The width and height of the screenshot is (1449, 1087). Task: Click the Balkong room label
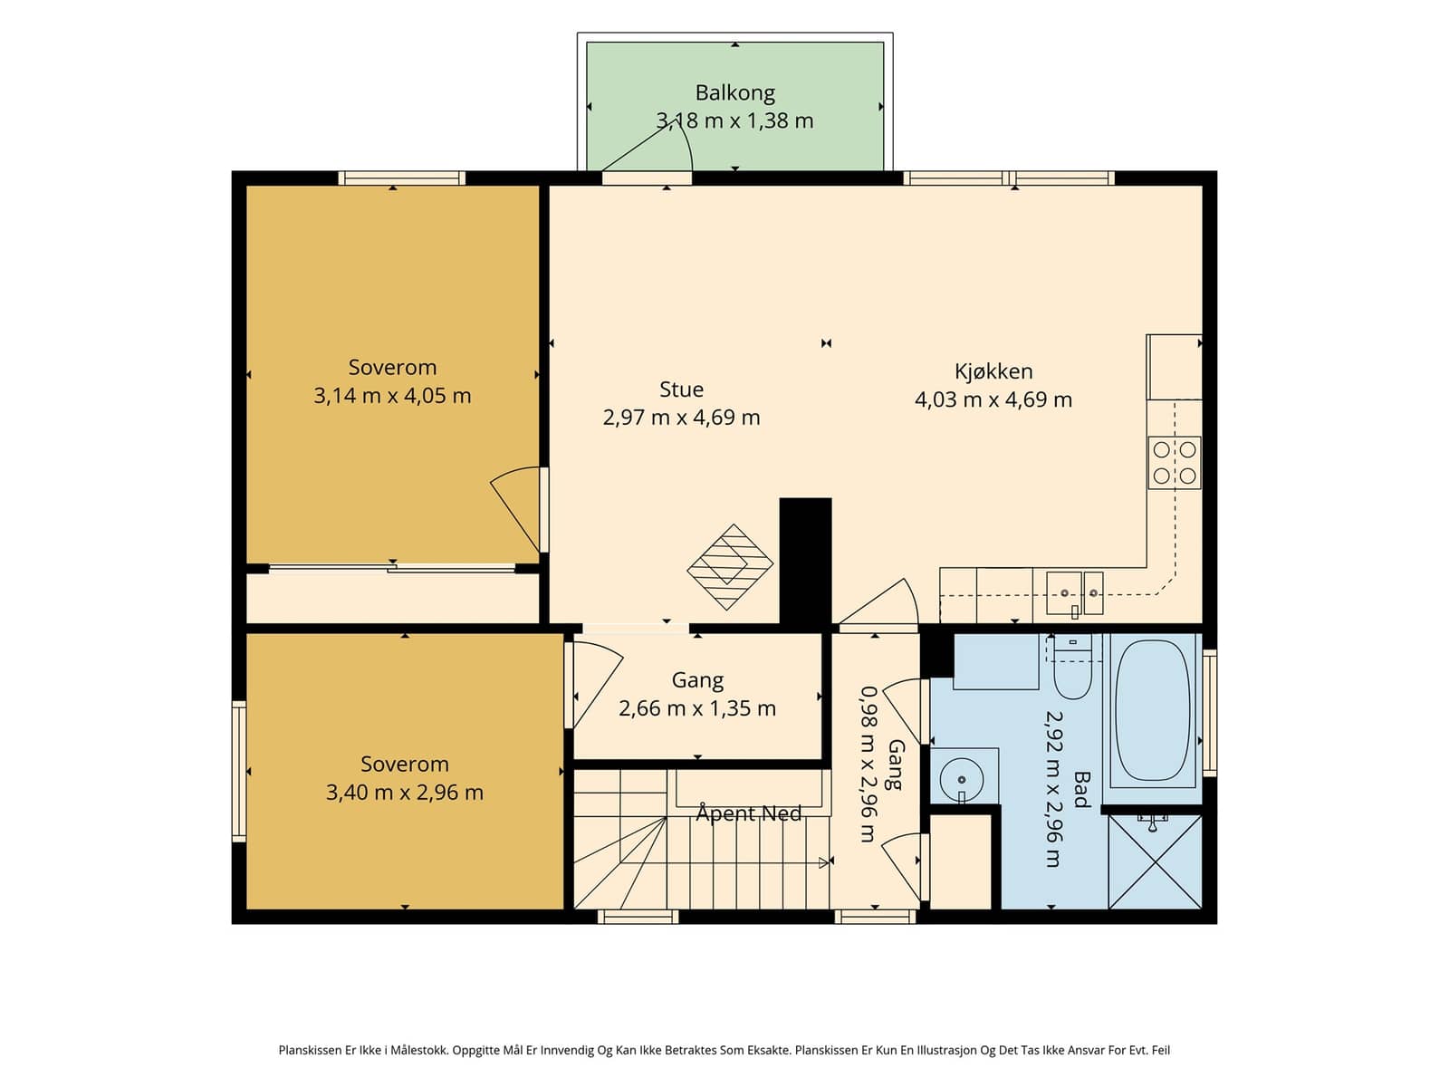pyautogui.click(x=734, y=93)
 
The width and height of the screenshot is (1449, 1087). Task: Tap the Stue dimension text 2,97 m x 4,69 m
pyautogui.click(x=681, y=417)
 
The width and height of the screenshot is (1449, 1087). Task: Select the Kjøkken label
pyautogui.click(x=993, y=370)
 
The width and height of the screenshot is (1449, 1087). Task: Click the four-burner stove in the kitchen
pyautogui.click(x=1175, y=463)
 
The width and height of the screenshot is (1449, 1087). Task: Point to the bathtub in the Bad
pyautogui.click(x=1153, y=710)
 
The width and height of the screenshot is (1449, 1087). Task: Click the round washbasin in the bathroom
pyautogui.click(x=961, y=779)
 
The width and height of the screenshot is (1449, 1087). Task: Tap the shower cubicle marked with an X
pyautogui.click(x=1155, y=861)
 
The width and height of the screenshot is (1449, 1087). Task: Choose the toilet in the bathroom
pyautogui.click(x=1073, y=667)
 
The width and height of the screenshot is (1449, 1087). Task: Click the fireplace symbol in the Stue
pyautogui.click(x=729, y=567)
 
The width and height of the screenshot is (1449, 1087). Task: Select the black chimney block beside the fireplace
pyautogui.click(x=805, y=561)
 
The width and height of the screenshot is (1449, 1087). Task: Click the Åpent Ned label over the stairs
pyautogui.click(x=749, y=813)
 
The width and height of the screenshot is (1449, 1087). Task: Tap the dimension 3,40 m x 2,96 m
pyautogui.click(x=405, y=792)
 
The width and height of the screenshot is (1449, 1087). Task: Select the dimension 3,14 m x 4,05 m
pyautogui.click(x=392, y=395)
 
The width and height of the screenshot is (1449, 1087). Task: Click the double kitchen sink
pyautogui.click(x=1074, y=592)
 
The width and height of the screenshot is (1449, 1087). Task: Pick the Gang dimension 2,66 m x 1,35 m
pyautogui.click(x=697, y=708)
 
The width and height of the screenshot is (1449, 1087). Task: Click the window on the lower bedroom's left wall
pyautogui.click(x=239, y=771)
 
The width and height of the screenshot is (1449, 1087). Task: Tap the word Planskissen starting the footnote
pyautogui.click(x=311, y=1050)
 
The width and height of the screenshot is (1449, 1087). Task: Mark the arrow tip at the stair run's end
pyautogui.click(x=827, y=862)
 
